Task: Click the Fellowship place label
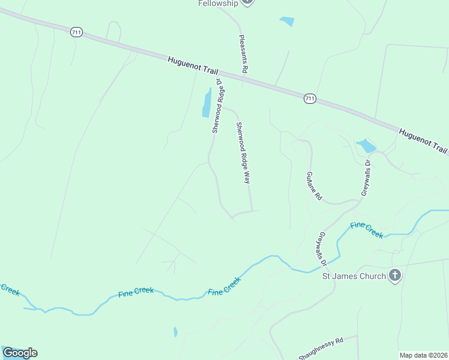pos(218,3)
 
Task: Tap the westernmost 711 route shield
pos(76,32)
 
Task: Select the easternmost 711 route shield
pos(309,98)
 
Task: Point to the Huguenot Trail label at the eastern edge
pos(424,140)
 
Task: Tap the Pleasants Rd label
pos(243,54)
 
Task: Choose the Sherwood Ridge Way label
pos(243,152)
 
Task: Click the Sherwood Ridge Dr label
pos(218,106)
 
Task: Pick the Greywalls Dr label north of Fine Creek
pos(366,178)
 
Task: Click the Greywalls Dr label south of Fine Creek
pos(323,249)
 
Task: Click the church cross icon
pos(395,275)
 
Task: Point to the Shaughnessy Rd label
pos(321,349)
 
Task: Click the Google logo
pos(20,352)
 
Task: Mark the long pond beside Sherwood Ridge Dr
pos(207,103)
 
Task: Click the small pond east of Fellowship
pos(287,21)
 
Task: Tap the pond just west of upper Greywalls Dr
pos(366,146)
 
